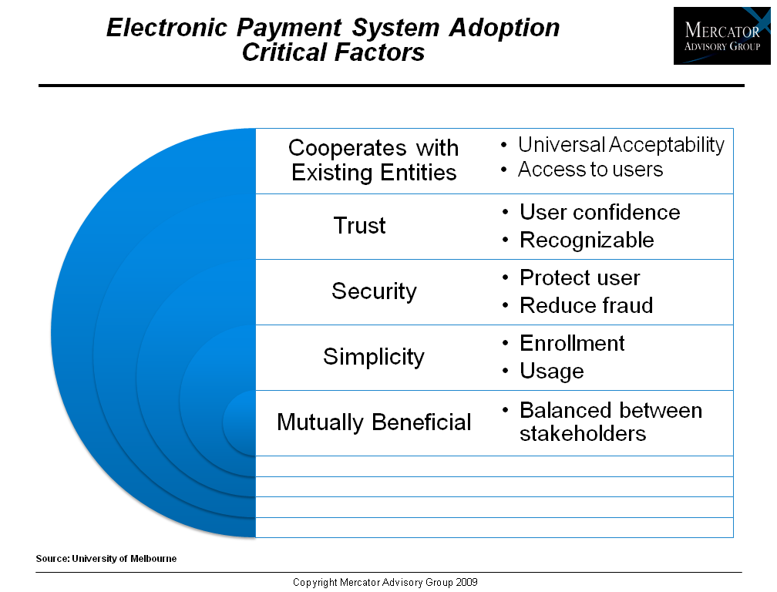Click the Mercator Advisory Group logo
point(722,35)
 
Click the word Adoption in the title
point(504,27)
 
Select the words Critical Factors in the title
point(333,52)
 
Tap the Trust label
point(359,225)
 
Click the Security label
point(374,291)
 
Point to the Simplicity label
point(374,357)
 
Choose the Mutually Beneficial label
point(374,422)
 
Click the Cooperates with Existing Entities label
point(374,160)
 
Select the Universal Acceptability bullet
point(621,145)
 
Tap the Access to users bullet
point(590,170)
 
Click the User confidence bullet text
point(600,213)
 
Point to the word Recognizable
point(587,240)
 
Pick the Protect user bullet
point(580,278)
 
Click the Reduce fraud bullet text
point(586,306)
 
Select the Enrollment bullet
point(572,343)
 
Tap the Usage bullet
point(552,372)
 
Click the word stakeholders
point(583,434)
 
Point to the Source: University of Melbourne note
point(106,559)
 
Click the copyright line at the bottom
point(385,583)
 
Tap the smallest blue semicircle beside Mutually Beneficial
point(239,423)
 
